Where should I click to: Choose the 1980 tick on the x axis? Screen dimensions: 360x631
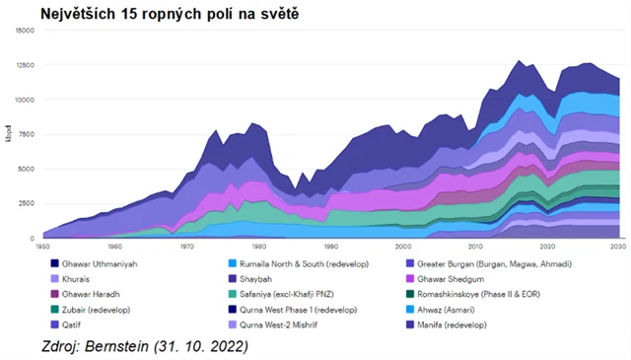tap(259, 246)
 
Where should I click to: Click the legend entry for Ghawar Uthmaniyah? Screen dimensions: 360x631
tap(97, 263)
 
